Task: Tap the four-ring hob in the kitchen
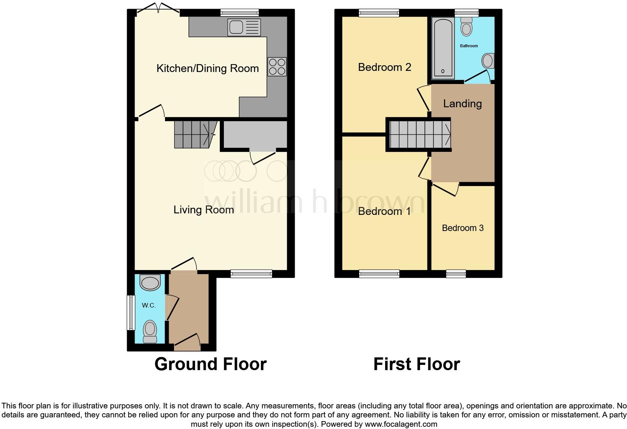pos(277,67)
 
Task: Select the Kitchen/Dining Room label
pos(207,68)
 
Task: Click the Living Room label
pos(204,210)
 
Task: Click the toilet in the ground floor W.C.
pos(150,331)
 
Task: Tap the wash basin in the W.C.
pos(150,283)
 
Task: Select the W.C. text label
pos(149,306)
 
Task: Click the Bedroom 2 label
pos(384,67)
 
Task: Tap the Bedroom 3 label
pos(463,228)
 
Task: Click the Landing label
pos(462,103)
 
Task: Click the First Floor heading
pos(416,364)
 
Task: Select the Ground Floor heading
pos(210,364)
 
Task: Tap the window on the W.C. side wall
pos(130,312)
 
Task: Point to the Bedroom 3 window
pos(456,274)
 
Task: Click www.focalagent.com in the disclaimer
pos(401,424)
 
